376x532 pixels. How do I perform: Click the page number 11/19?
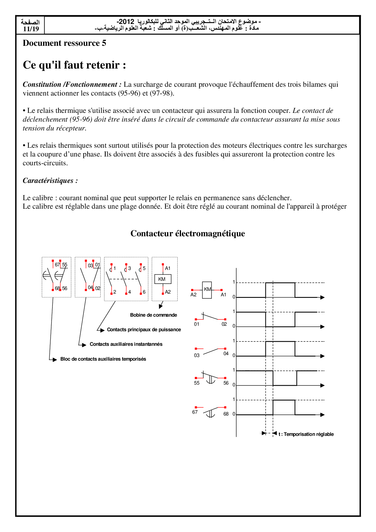31,29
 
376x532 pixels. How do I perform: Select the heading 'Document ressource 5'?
64,43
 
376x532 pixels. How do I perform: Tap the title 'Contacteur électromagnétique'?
188,234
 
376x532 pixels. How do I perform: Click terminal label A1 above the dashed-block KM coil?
168,268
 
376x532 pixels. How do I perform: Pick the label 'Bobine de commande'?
153,315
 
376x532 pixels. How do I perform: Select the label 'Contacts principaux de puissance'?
144,330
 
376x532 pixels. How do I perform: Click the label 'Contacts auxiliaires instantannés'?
126,344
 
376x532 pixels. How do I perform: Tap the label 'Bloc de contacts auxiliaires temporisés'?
103,359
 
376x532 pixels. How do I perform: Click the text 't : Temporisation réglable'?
306,434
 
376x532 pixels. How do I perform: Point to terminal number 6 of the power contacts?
144,292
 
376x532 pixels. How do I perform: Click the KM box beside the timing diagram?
207,290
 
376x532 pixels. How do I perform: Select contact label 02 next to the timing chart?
224,324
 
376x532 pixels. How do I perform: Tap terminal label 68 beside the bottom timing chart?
226,414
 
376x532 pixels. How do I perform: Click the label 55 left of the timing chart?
197,383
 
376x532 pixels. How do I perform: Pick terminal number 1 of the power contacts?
115,268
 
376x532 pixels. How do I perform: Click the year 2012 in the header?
126,22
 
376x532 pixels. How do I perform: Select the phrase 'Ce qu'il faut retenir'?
71,65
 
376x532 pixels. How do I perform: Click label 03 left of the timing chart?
197,355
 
